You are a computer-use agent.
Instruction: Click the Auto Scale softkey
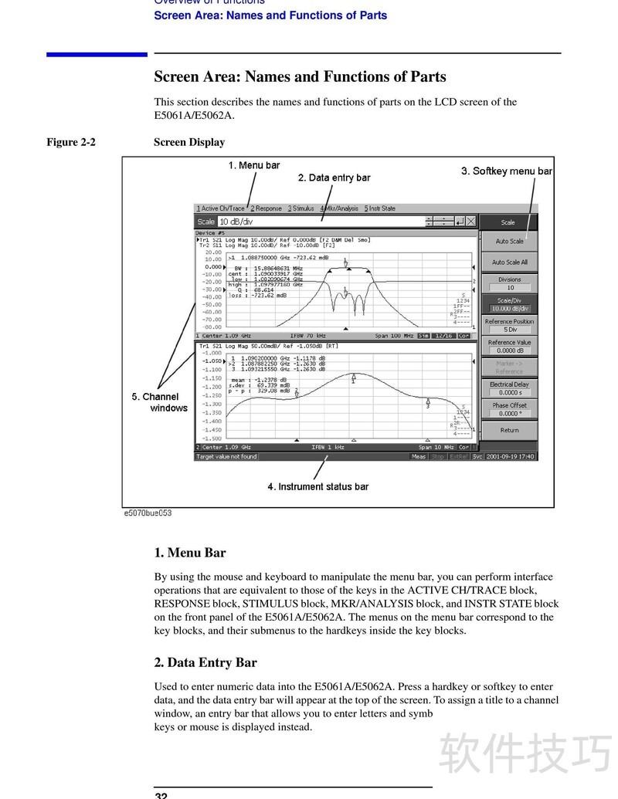click(509, 242)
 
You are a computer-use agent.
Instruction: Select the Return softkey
click(509, 430)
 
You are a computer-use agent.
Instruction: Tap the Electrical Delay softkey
click(509, 388)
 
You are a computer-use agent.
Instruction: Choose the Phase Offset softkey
click(509, 409)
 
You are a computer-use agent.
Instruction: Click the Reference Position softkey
click(509, 325)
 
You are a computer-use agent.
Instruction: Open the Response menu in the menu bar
click(267, 208)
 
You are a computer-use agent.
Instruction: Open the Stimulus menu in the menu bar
click(301, 208)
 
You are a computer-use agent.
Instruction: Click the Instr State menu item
click(380, 208)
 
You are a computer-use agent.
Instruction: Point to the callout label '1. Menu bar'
click(253, 165)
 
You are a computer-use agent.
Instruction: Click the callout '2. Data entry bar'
click(334, 178)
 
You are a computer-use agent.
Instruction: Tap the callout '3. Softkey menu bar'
click(507, 171)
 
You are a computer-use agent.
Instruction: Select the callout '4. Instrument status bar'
click(317, 486)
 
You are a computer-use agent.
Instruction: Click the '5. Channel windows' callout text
click(160, 402)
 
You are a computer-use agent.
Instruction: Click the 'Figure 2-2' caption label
click(71, 142)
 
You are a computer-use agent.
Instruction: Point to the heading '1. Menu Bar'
click(189, 553)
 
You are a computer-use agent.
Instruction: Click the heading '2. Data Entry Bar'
click(205, 662)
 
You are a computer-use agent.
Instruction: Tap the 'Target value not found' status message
click(226, 456)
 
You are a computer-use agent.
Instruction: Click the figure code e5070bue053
click(148, 513)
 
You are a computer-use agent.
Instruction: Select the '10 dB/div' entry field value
click(237, 222)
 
